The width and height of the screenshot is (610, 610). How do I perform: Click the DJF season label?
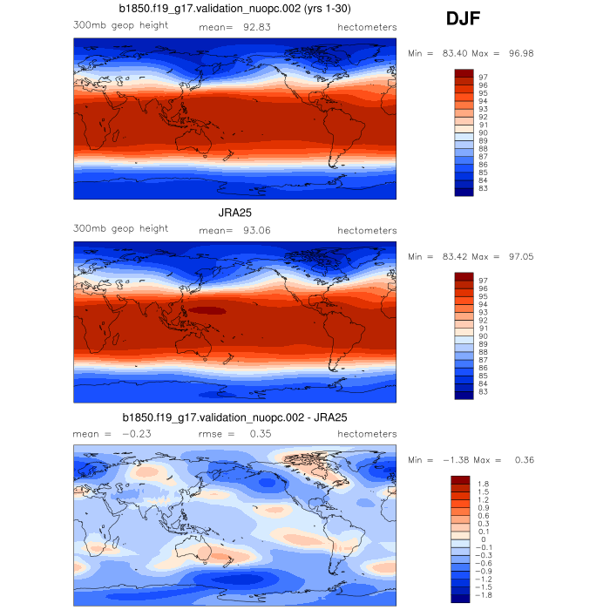461,19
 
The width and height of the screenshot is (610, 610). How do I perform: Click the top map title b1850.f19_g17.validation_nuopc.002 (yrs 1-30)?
235,9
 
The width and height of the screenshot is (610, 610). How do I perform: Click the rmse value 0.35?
261,433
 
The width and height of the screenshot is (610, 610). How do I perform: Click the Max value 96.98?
520,53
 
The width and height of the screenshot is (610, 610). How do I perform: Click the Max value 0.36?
520,460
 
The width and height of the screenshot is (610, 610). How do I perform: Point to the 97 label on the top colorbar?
484,77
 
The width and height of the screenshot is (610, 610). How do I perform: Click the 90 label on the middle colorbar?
484,336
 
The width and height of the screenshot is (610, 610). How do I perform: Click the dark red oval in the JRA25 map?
207,309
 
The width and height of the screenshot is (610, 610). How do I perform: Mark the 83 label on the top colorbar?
484,188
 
